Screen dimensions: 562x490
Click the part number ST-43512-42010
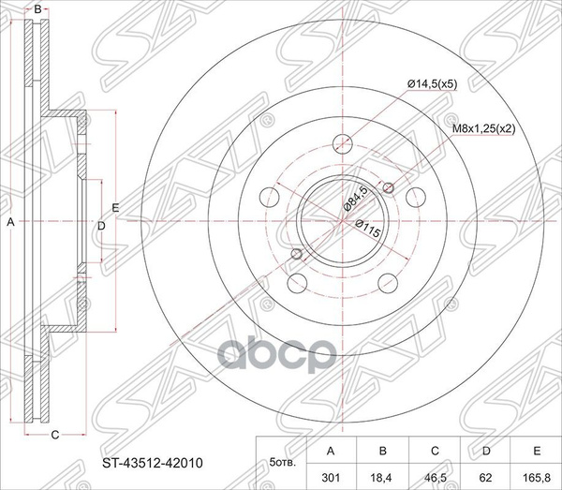153,463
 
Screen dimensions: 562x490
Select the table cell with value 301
331,478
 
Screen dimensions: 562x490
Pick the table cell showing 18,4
382,478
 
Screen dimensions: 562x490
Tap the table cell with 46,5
435,478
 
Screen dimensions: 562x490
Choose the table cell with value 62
486,478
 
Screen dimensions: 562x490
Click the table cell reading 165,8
537,478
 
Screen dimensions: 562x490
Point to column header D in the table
486,451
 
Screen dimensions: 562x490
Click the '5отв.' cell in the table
282,463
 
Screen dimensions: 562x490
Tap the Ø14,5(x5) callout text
432,84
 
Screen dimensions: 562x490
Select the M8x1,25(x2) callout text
483,129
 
